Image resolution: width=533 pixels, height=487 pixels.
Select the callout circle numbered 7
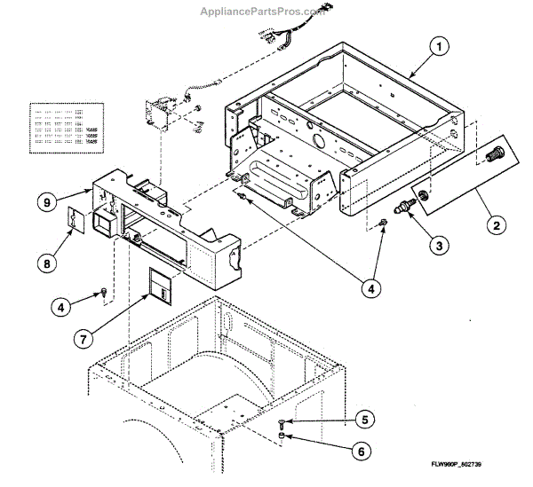click(x=83, y=338)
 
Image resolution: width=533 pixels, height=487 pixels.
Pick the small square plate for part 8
click(x=77, y=218)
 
